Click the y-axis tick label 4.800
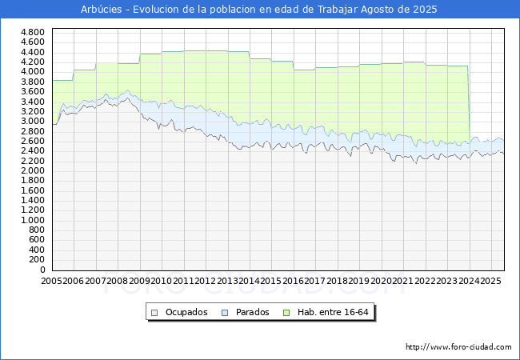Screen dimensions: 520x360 pyautogui.click(x=33, y=32)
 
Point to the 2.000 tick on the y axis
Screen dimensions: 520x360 pyautogui.click(x=33, y=170)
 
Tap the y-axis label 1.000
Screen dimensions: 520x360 pyautogui.click(x=33, y=221)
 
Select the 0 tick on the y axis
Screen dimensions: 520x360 pyautogui.click(x=42, y=270)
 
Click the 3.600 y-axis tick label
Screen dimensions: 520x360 pyautogui.click(x=33, y=91)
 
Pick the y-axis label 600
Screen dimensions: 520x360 pyautogui.click(x=37, y=240)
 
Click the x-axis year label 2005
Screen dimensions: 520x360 pyautogui.click(x=51, y=281)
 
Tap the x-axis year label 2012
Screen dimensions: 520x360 pyautogui.click(x=206, y=281)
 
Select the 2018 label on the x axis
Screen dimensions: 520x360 pyautogui.click(x=338, y=281)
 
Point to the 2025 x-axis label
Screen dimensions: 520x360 pyautogui.click(x=491, y=281)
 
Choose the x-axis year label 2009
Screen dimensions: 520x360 pyautogui.click(x=139, y=281)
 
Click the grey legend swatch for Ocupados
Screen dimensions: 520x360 pyautogui.click(x=154, y=313)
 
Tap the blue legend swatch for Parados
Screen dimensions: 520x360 pyautogui.click(x=225, y=313)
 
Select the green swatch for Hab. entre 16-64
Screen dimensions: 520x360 pyautogui.click(x=286, y=313)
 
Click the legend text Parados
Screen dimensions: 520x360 pyautogui.click(x=252, y=312)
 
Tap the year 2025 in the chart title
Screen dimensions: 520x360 pyautogui.click(x=425, y=10)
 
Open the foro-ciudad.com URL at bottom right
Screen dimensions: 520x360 pyautogui.click(x=458, y=346)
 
